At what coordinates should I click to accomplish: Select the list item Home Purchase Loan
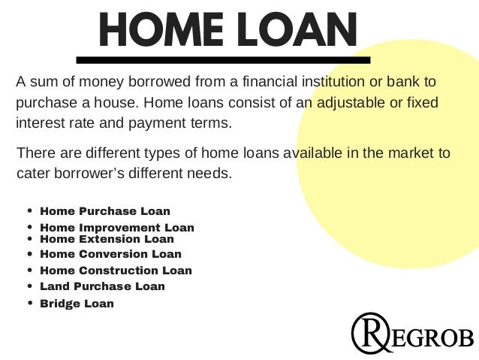click(105, 211)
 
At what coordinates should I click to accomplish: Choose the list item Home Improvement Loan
click(117, 227)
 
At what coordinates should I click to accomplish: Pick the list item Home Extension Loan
click(107, 239)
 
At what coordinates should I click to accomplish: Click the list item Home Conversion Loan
click(110, 254)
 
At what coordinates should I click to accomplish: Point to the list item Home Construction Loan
click(116, 271)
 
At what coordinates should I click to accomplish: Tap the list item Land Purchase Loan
click(102, 286)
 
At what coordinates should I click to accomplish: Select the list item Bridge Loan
click(77, 304)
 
